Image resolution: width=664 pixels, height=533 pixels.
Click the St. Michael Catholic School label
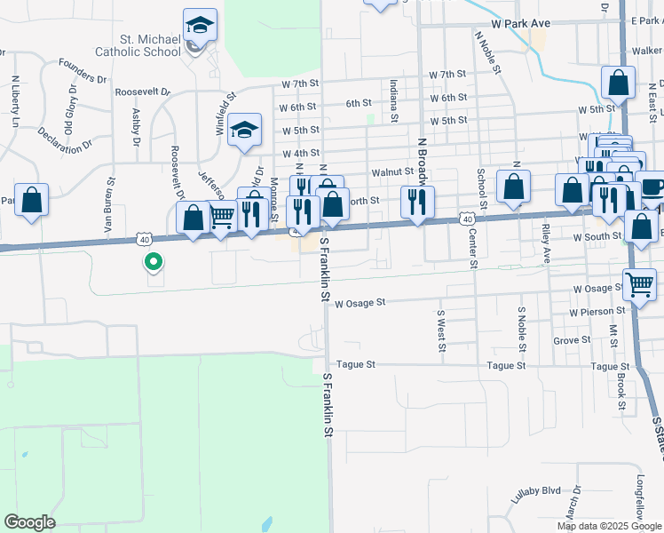(150, 45)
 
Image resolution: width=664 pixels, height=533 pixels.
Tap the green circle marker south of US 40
(154, 262)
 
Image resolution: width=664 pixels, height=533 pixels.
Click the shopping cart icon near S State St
(639, 285)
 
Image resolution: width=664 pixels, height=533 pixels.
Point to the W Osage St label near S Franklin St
(360, 302)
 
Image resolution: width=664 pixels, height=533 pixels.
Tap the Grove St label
(571, 340)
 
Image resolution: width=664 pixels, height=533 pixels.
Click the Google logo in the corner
(29, 522)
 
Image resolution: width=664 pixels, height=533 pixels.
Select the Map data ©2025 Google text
(609, 526)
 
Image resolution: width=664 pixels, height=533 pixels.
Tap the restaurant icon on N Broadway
(414, 202)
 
